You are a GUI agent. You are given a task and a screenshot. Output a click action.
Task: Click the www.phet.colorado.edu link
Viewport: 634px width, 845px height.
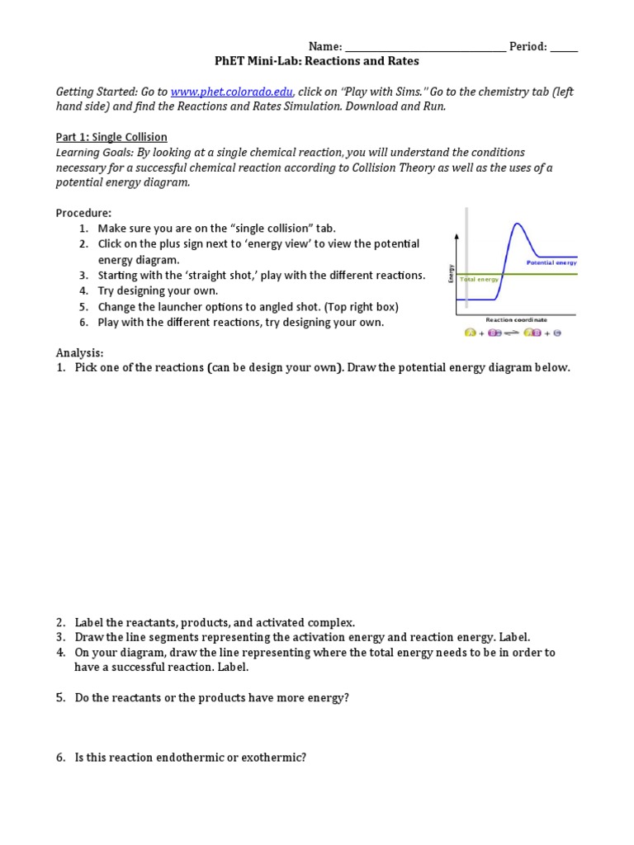[x=231, y=92]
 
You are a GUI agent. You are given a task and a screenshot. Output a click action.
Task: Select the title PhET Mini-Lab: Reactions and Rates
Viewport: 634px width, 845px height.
[x=316, y=62]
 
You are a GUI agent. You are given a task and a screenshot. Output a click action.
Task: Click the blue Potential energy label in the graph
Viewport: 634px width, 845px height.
[x=551, y=262]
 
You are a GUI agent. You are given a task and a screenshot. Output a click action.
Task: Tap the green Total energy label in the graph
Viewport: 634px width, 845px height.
[x=480, y=280]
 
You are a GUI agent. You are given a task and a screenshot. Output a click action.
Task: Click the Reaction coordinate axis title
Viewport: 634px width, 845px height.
[x=516, y=319]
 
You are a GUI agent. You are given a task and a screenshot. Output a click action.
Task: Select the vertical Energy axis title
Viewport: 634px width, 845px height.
[x=452, y=272]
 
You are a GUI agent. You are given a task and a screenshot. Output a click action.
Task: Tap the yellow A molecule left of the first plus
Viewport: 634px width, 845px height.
[x=471, y=333]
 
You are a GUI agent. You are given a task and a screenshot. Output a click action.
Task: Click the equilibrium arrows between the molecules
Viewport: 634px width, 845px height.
[x=510, y=333]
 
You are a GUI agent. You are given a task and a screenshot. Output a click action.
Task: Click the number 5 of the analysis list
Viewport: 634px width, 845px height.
[x=60, y=698]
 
